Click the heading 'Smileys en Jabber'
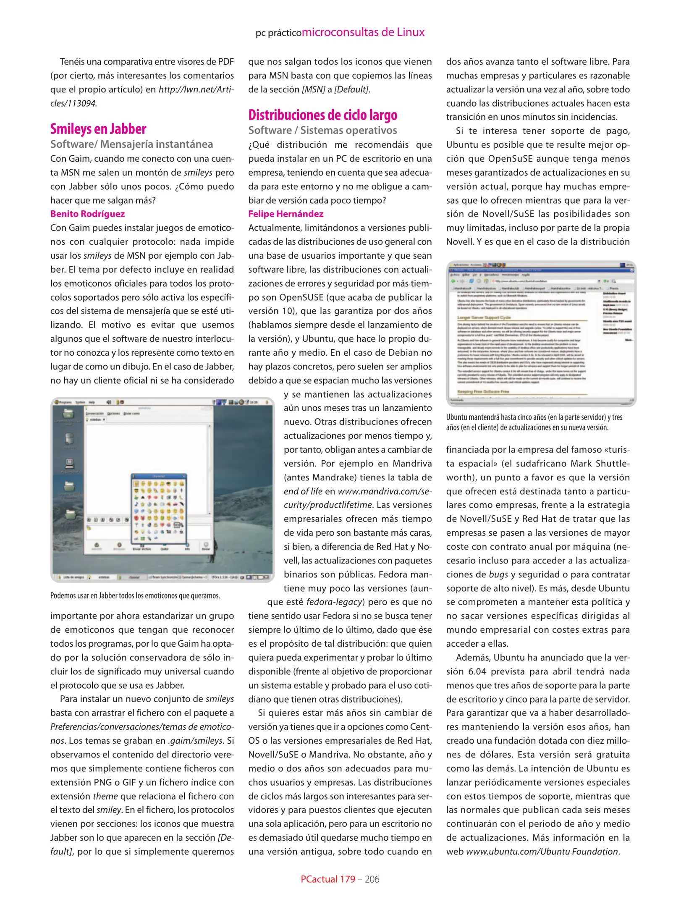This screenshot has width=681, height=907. [x=98, y=129]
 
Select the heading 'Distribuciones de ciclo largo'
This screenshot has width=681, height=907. [x=322, y=115]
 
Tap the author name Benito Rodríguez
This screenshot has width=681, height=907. [x=87, y=214]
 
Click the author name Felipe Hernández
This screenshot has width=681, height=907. [x=285, y=214]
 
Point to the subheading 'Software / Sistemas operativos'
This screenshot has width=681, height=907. [x=322, y=131]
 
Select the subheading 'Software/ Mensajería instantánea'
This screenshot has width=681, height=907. [x=131, y=144]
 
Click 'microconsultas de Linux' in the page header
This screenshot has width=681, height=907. [x=363, y=32]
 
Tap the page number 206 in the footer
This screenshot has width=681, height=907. [x=372, y=879]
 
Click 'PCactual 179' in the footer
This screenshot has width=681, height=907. [x=327, y=879]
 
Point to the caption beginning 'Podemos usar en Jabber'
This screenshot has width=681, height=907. [x=135, y=595]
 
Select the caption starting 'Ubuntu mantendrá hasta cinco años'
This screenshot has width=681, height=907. [x=534, y=422]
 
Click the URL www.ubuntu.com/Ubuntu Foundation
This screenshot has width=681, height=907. [x=542, y=851]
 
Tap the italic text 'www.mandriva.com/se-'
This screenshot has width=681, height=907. [x=385, y=491]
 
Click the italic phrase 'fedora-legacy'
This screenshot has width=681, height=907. [x=334, y=602]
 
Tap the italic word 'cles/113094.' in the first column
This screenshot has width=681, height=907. [x=73, y=103]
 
